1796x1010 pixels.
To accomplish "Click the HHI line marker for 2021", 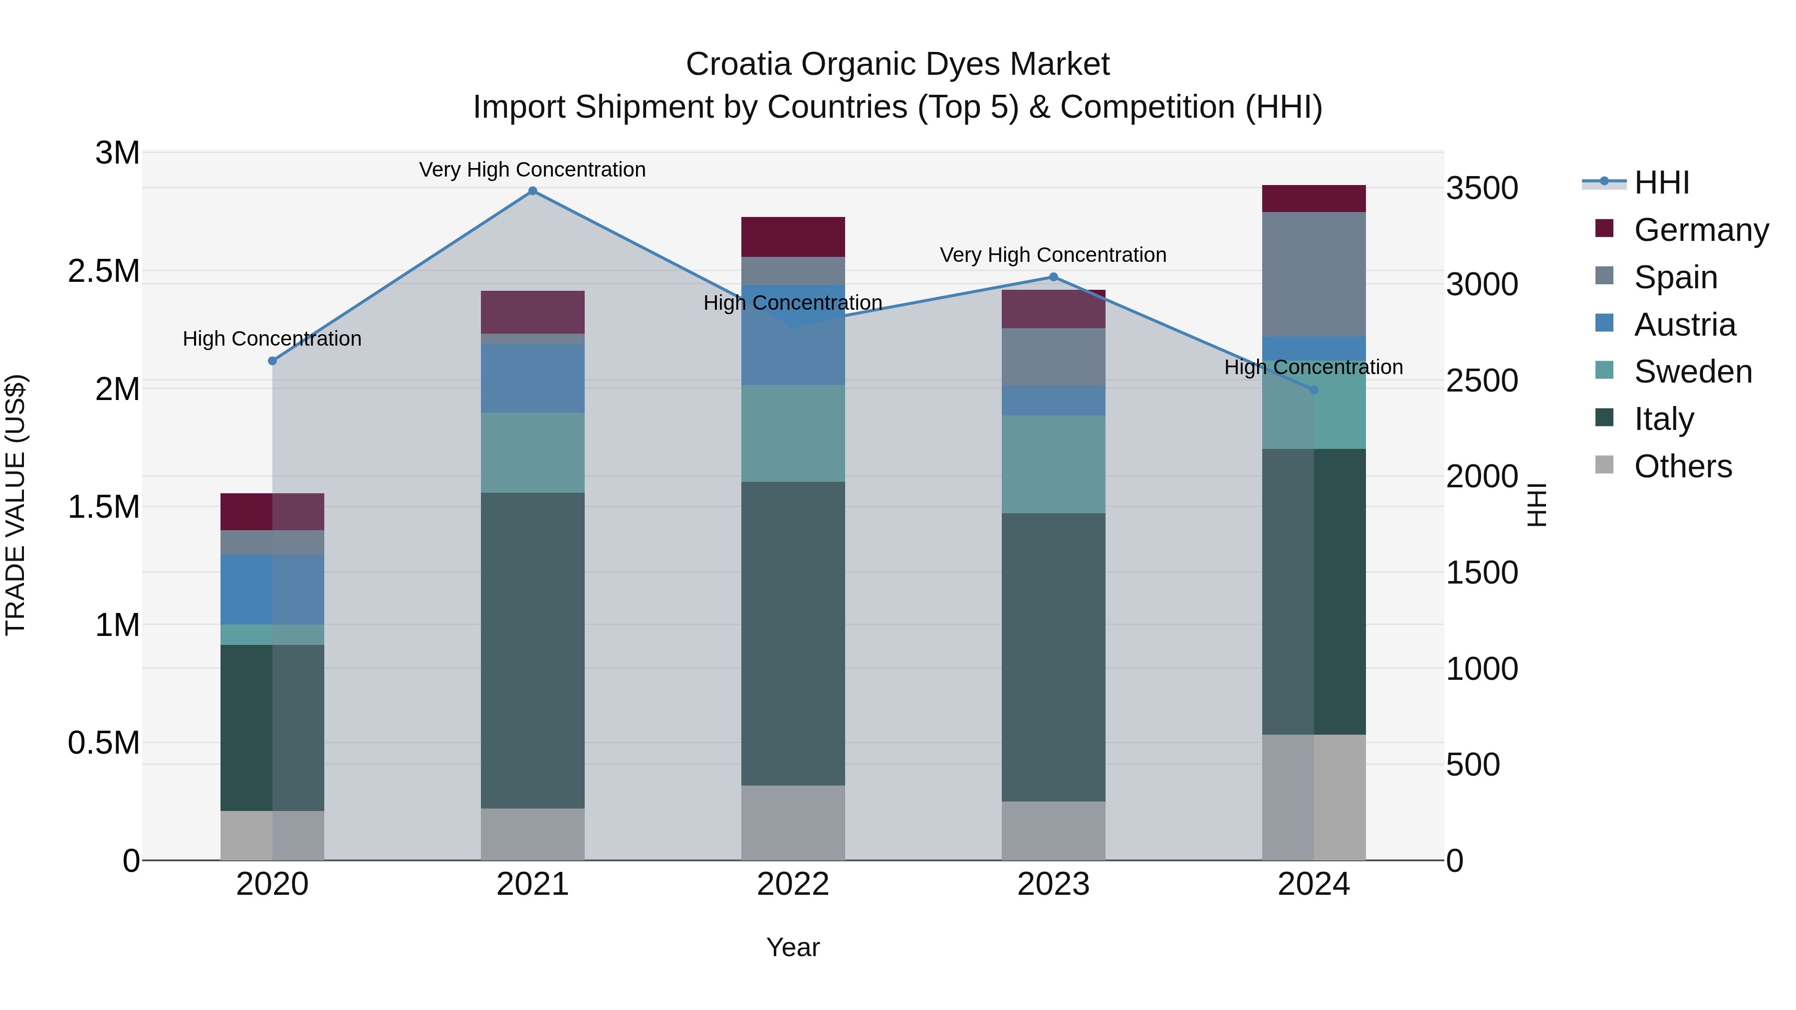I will click(x=533, y=191).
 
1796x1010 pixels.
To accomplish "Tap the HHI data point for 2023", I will click(x=1054, y=277).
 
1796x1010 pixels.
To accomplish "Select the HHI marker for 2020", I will click(x=272, y=361).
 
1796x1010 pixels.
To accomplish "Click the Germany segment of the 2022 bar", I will click(x=793, y=237).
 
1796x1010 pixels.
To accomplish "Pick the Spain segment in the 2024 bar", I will click(x=1314, y=275).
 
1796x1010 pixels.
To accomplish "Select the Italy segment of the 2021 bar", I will click(x=533, y=650).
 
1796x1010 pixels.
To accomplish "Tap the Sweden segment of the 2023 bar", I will click(x=1054, y=464).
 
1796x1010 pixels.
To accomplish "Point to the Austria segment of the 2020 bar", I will click(x=272, y=589).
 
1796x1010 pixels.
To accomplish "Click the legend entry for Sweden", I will click(x=1692, y=372).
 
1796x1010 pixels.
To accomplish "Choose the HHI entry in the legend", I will click(x=1661, y=183).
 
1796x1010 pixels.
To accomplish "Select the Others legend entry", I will click(x=1682, y=466).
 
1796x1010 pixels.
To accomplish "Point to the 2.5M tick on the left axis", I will click(x=103, y=271).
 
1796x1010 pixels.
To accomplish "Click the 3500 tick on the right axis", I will click(x=1482, y=188).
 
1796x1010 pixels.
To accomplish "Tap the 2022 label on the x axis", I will click(x=793, y=884).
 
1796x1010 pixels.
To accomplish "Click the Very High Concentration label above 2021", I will click(x=533, y=170).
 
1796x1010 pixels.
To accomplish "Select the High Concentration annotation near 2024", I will click(x=1314, y=367).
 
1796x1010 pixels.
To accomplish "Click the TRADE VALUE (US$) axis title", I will click(x=15, y=505).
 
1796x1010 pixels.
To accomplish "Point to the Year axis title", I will click(x=793, y=947).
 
